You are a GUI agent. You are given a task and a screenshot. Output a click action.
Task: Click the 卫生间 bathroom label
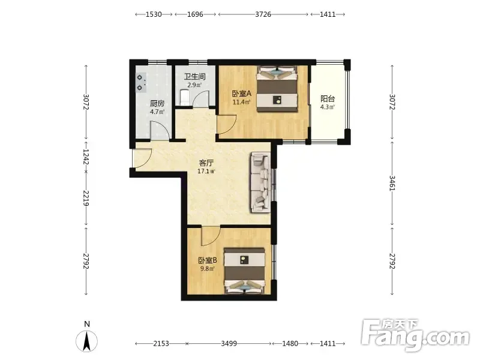click(x=194, y=76)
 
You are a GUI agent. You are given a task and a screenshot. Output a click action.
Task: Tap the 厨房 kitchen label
click(x=157, y=103)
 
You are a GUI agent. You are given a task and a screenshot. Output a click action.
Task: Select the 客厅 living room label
click(x=206, y=163)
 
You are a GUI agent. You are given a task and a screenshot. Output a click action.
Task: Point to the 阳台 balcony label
click(x=328, y=98)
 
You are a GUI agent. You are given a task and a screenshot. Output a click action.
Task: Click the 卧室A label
click(x=242, y=93)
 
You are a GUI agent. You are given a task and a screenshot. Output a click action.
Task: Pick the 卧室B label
click(x=208, y=260)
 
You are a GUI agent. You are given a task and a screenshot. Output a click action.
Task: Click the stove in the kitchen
click(x=140, y=82)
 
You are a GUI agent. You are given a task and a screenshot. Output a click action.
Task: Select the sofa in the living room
click(x=261, y=182)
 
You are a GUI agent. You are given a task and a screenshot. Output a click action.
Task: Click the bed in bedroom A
click(x=277, y=89)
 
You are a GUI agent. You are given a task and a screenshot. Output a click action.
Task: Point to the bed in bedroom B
click(x=245, y=271)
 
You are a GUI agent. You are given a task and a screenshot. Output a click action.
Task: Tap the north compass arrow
click(x=87, y=341)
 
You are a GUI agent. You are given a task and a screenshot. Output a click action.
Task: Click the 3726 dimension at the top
click(x=263, y=14)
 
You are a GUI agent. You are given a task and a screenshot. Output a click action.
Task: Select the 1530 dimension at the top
click(x=154, y=14)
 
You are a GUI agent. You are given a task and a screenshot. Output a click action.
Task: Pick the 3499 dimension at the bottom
click(x=229, y=343)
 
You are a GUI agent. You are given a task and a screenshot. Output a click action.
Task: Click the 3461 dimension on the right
click(x=392, y=183)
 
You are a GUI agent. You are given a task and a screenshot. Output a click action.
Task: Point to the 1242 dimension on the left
click(x=86, y=157)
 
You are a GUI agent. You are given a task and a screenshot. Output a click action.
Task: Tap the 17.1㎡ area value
click(x=206, y=172)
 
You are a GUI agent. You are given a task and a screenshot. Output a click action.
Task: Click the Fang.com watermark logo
click(x=415, y=335)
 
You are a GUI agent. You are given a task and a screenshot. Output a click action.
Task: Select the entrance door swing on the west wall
click(x=142, y=158)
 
